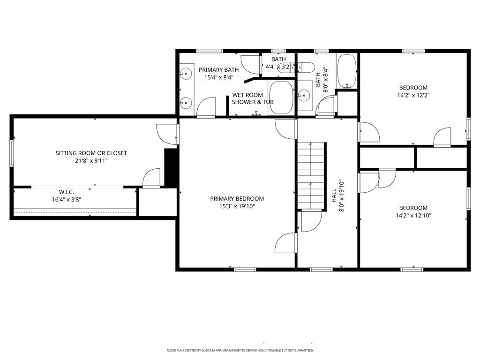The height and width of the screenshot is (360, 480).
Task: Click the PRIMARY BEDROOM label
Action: (x=237, y=199)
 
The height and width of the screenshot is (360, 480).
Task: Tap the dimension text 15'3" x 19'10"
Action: (x=237, y=206)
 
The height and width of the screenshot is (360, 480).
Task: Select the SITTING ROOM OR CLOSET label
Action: (x=91, y=153)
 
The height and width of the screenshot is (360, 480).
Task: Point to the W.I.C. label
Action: (x=67, y=192)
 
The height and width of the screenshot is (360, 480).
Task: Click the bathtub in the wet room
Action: (x=281, y=97)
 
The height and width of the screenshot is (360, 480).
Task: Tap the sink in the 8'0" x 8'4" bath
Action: (x=304, y=96)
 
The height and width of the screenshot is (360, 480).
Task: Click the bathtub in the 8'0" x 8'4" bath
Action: (x=347, y=71)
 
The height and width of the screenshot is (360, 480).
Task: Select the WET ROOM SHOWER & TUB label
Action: (x=253, y=98)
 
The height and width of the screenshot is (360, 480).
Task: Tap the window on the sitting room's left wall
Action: (x=12, y=153)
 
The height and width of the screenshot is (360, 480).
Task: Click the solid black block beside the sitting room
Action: (x=170, y=167)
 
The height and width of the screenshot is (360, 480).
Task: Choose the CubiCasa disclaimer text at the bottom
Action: (x=240, y=351)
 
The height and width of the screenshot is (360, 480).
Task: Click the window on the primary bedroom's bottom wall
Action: (x=245, y=270)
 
